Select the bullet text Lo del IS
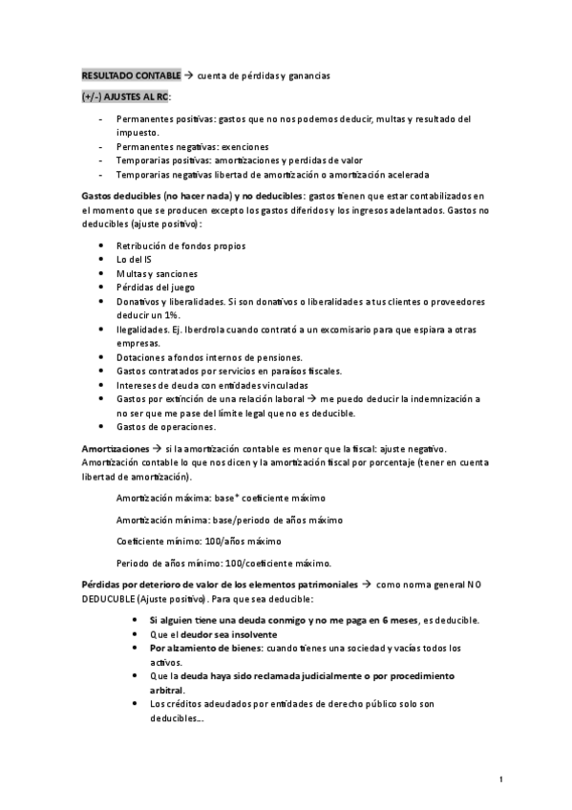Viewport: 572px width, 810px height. pyautogui.click(x=134, y=260)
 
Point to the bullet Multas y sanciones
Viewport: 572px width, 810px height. pyautogui.click(x=157, y=274)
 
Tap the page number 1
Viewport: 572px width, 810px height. pyautogui.click(x=501, y=780)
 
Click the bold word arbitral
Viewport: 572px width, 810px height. pyautogui.click(x=166, y=690)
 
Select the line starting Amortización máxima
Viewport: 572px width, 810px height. pyautogui.click(x=221, y=499)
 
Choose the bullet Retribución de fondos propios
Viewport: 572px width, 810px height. pyautogui.click(x=180, y=246)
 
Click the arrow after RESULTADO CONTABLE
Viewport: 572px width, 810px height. pyautogui.click(x=188, y=75)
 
